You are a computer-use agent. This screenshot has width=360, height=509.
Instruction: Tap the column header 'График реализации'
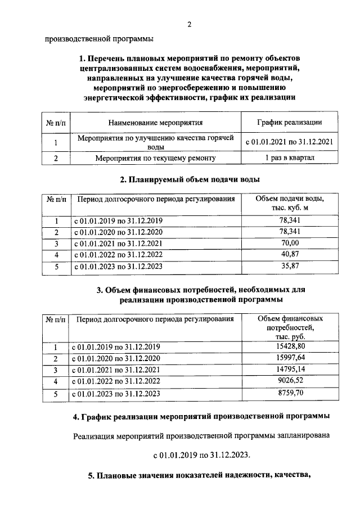289,122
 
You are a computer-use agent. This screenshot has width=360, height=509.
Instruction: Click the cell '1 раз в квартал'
289,158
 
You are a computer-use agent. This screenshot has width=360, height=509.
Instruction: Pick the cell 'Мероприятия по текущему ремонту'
155,158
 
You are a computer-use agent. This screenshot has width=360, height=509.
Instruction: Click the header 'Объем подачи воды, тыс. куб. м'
289,204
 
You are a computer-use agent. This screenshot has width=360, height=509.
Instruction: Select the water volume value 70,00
289,243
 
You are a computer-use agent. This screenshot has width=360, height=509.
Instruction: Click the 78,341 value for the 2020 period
289,232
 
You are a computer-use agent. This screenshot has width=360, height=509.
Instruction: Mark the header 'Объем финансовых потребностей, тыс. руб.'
289,327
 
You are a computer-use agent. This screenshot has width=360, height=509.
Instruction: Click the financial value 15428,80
289,347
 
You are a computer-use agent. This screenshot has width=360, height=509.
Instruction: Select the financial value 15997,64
289,358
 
